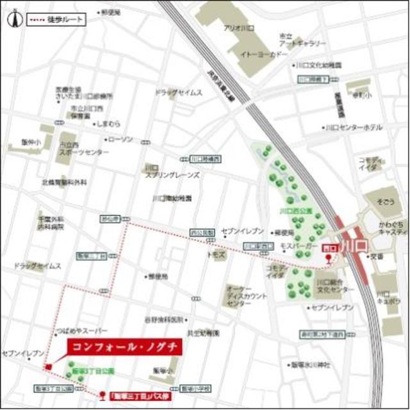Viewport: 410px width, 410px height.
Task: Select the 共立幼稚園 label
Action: (x=204, y=333)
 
